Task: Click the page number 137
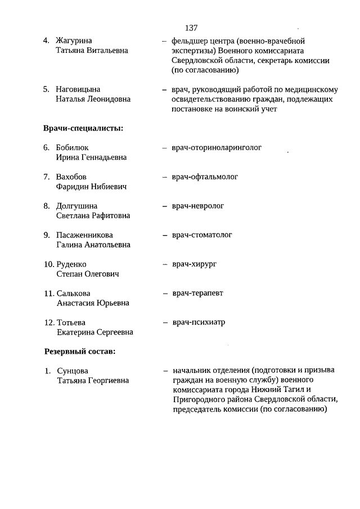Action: coord(191,28)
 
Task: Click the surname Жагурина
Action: coord(74,40)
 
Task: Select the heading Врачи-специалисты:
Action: coord(83,128)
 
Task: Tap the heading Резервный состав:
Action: coord(80,352)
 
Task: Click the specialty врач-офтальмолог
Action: coord(205,177)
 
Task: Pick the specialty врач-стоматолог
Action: coord(202,235)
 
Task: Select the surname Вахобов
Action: coord(71,177)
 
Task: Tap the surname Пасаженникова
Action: coord(85,235)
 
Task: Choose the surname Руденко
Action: coord(72,264)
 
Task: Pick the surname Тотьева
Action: coord(71,323)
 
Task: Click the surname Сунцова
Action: coord(73,371)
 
